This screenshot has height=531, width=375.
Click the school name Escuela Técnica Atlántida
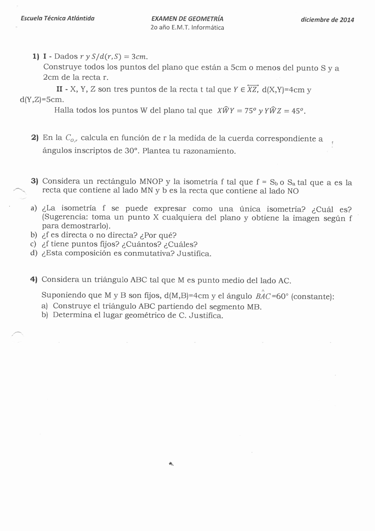tap(57, 18)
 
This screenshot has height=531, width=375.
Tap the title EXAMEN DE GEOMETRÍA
tap(187, 19)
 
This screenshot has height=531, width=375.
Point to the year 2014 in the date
tap(347, 20)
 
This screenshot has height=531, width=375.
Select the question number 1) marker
tap(35, 57)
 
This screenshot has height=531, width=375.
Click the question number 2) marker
tap(35, 138)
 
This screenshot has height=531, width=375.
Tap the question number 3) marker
tap(34, 181)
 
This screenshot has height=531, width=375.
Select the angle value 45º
tap(298, 111)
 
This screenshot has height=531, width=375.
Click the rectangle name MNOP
tap(151, 182)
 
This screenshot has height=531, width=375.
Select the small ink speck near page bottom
tap(171, 464)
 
